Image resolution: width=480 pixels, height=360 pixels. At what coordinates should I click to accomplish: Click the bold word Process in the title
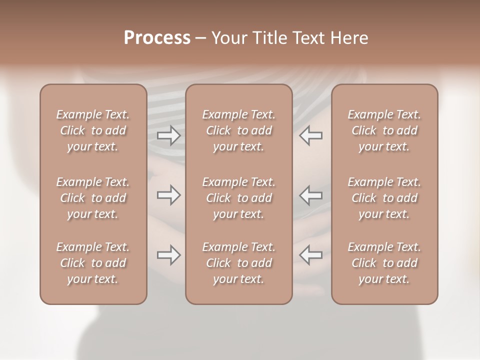point(157,38)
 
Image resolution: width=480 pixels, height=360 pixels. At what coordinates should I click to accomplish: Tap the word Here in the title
point(350,38)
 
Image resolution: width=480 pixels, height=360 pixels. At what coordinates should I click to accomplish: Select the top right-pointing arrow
point(168,135)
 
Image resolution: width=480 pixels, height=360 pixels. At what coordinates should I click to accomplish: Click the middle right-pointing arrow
point(168,195)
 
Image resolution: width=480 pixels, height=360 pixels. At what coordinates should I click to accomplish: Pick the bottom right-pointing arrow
point(168,255)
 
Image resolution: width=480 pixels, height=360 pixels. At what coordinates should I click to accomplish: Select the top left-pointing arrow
point(311,135)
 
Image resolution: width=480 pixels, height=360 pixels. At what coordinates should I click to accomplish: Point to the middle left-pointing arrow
point(311,195)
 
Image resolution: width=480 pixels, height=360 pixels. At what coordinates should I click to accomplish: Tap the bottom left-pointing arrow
point(311,255)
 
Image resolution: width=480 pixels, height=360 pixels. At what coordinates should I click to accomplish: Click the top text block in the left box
point(93,130)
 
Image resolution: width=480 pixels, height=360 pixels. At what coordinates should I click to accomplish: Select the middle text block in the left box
point(93,198)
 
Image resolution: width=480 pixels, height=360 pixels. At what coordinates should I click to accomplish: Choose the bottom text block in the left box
point(93,263)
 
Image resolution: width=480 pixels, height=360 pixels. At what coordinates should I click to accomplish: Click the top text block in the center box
point(239,130)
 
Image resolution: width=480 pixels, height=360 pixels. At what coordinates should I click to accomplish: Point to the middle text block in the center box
point(239,198)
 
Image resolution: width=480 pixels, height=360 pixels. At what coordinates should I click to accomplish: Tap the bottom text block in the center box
point(239,263)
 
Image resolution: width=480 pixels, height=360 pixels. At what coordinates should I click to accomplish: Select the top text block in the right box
point(384,130)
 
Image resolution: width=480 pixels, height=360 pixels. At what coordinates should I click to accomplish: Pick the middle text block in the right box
point(384,198)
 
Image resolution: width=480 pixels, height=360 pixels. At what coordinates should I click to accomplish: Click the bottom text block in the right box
point(384,263)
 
